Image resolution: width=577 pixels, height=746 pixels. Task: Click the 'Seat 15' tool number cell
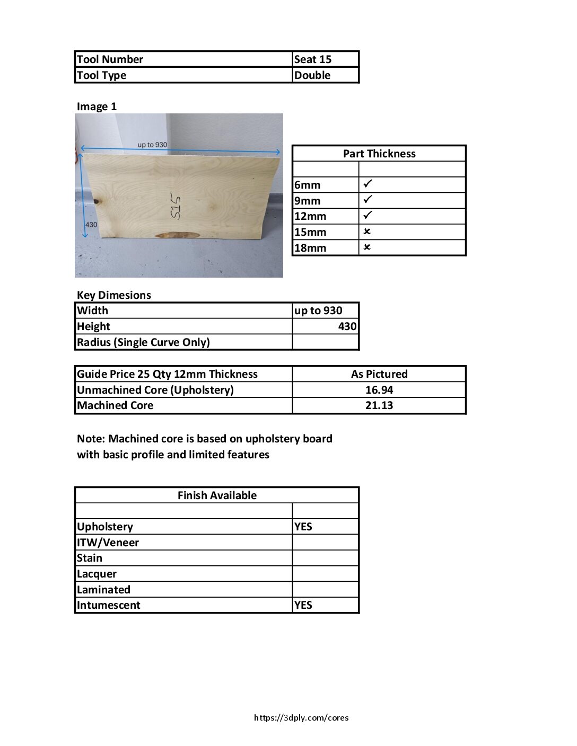click(x=313, y=59)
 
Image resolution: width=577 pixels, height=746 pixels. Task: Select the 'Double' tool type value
click(x=312, y=75)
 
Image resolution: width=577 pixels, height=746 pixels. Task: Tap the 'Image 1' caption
click(x=97, y=106)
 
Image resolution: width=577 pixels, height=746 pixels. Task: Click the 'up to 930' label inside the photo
click(x=152, y=145)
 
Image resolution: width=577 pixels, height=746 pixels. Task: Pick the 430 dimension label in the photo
click(x=91, y=225)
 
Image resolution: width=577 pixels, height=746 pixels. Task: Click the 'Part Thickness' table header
click(x=379, y=154)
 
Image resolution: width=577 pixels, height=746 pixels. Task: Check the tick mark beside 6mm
click(x=368, y=184)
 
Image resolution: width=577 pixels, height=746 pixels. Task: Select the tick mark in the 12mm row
click(x=368, y=215)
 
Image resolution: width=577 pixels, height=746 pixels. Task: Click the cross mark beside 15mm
click(x=367, y=232)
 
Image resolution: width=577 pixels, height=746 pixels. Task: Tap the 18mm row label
click(x=310, y=248)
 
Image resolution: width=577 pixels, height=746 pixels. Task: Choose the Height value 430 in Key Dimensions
click(x=347, y=326)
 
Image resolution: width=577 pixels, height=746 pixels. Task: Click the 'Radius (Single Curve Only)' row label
click(x=143, y=342)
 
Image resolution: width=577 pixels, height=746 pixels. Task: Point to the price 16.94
click(x=379, y=390)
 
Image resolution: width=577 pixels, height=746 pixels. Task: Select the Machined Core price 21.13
click(x=379, y=405)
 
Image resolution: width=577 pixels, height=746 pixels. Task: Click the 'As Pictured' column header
click(x=379, y=374)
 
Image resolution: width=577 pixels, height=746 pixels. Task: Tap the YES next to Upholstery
click(x=303, y=527)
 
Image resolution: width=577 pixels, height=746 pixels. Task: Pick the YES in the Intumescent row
click(x=303, y=605)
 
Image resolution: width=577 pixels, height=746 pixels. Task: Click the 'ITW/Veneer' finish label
click(x=108, y=543)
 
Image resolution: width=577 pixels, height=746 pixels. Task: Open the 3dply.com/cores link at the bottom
click(x=301, y=718)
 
